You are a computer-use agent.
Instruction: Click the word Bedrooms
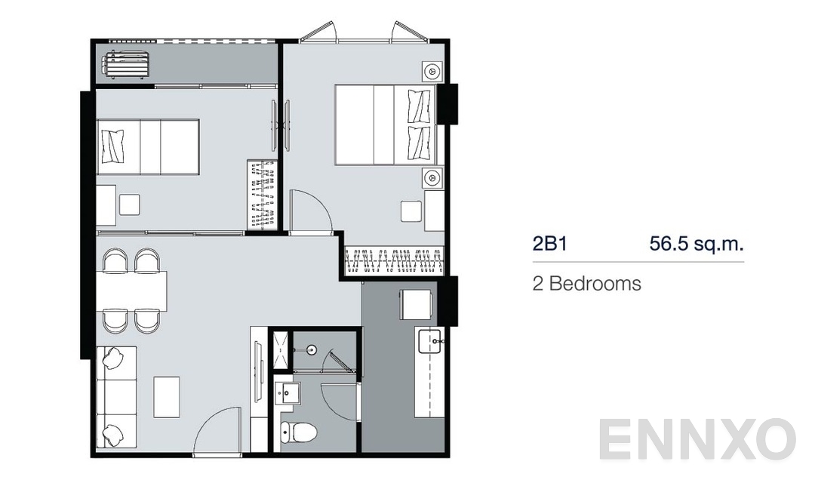click(x=595, y=284)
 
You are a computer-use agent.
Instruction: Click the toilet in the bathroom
click(x=298, y=432)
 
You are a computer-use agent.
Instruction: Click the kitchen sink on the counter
click(x=429, y=341)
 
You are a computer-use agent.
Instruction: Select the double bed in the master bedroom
click(x=385, y=125)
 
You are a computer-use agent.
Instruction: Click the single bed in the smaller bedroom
click(x=148, y=146)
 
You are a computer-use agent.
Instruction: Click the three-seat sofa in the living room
click(x=115, y=397)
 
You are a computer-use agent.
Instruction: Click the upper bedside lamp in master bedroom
click(x=432, y=72)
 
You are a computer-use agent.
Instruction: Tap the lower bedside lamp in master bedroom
click(x=432, y=178)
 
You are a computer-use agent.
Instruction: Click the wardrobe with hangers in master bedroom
click(x=395, y=260)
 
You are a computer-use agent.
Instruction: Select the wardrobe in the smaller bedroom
click(x=263, y=195)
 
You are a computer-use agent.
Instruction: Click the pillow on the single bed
click(x=113, y=146)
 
